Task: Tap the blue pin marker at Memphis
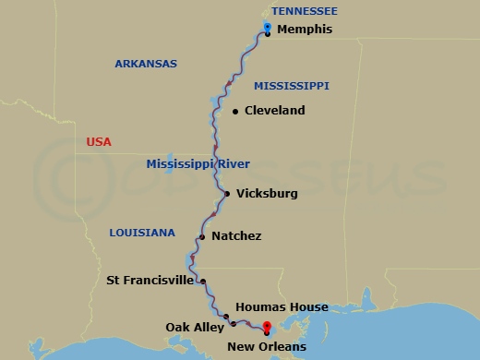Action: (267, 28)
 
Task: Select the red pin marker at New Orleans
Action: (267, 327)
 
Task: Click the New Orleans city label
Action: (268, 347)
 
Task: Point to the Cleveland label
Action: (275, 111)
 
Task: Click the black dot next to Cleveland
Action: (235, 112)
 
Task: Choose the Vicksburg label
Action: (267, 194)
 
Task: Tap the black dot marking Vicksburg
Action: (227, 194)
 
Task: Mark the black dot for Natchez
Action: (202, 236)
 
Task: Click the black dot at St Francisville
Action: (203, 282)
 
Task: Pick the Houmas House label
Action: (282, 307)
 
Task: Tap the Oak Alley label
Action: (191, 327)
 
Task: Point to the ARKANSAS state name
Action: (145, 64)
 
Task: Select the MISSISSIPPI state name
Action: (291, 86)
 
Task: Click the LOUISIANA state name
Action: (141, 234)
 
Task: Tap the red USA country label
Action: (98, 142)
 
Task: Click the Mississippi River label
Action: (198, 164)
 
